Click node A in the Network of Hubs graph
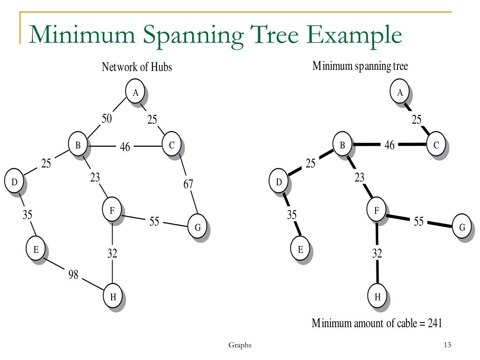[x=135, y=92]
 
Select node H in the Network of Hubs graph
[x=112, y=296]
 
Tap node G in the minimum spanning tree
[x=462, y=227]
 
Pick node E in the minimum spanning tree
[x=300, y=249]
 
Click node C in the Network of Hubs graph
[x=172, y=146]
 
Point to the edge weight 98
[x=73, y=275]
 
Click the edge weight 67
[x=188, y=184]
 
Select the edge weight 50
[x=107, y=119]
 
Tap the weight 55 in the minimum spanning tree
[x=419, y=221]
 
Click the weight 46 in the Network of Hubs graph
[x=125, y=147]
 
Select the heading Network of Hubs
[x=137, y=67]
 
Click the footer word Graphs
[x=240, y=345]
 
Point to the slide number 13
[x=447, y=345]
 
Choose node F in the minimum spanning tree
[x=376, y=211]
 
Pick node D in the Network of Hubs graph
[x=14, y=182]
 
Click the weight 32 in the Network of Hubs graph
[x=112, y=254]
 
